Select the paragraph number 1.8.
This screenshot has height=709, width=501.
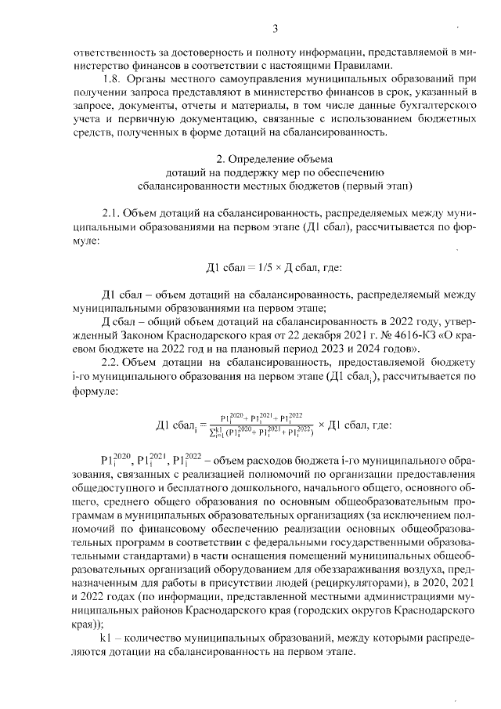tap(114, 79)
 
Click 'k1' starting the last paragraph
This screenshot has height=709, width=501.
tap(107, 638)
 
